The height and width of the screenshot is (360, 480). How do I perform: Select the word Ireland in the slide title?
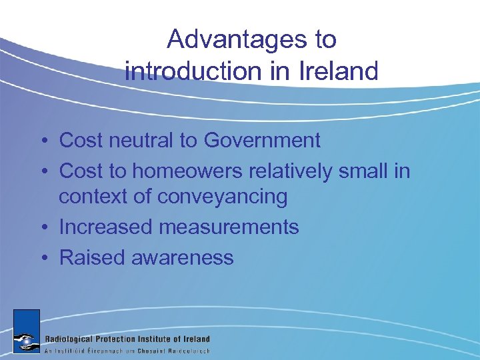pyautogui.click(x=335, y=71)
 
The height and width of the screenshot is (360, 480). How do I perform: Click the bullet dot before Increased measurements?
pyautogui.click(x=42, y=228)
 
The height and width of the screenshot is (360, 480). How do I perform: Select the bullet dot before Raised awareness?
pyautogui.click(x=42, y=258)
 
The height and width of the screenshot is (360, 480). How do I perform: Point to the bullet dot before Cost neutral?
pyautogui.click(x=42, y=141)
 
